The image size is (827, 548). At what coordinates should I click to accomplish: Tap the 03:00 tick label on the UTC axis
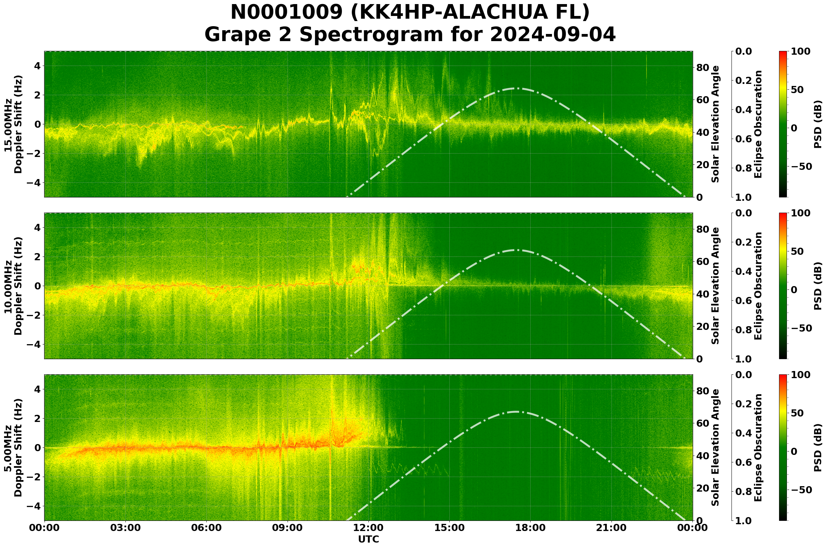[125, 528]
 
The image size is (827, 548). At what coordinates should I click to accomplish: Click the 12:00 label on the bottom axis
[368, 528]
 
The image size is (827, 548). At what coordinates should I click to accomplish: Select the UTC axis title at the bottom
[368, 539]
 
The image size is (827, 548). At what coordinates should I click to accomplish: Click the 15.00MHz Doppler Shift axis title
[13, 124]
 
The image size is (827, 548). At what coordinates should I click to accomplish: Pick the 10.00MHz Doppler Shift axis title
[13, 286]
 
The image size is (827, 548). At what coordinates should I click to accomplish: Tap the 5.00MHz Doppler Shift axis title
[13, 448]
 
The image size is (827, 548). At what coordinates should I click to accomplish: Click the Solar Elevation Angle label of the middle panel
[716, 286]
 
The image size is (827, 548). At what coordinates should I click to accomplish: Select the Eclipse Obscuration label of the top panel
[758, 124]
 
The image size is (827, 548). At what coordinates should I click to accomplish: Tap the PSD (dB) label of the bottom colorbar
[817, 448]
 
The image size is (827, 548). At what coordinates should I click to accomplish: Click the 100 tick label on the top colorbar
[800, 51]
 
